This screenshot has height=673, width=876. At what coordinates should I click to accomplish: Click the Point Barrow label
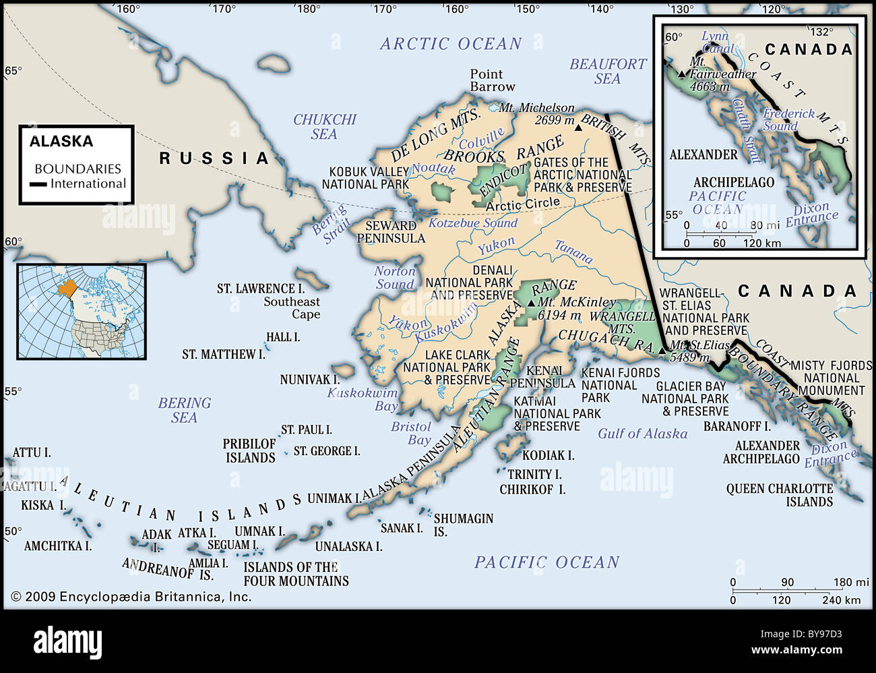coord(492,80)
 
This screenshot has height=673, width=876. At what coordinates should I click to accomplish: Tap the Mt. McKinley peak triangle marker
coord(532,303)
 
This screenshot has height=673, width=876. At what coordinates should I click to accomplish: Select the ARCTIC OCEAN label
coord(451,44)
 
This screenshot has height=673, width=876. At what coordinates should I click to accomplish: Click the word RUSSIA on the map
coord(214,158)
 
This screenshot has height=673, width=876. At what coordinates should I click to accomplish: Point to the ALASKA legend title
coord(61,142)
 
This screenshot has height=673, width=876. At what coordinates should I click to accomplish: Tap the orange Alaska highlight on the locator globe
coord(67,289)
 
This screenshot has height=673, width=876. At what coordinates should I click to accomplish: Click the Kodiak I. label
coord(548,455)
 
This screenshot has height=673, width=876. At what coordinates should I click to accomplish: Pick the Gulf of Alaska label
coord(642,434)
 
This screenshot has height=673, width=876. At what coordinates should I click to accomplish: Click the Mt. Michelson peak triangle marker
coord(578,127)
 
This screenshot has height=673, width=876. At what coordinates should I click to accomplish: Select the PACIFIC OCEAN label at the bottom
coord(546,562)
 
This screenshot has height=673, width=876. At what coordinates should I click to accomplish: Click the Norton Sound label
coord(395,277)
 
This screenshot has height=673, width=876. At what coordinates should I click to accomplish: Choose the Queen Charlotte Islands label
coord(779,495)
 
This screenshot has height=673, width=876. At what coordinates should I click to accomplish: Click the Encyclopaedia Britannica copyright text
coord(131,596)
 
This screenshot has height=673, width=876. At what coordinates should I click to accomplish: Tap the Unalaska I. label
coord(348,546)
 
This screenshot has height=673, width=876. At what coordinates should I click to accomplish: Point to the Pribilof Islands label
coord(249,450)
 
